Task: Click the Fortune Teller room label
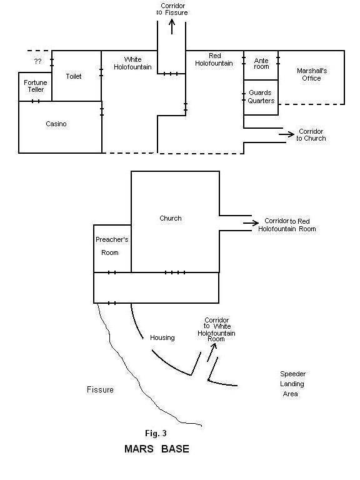point(36,86)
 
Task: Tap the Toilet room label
point(74,76)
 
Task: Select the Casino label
point(56,124)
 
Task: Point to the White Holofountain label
point(132,63)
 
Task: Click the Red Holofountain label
point(214,59)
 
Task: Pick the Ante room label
point(261,63)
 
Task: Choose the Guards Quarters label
point(261,96)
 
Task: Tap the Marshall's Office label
point(312,74)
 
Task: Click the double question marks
point(37,61)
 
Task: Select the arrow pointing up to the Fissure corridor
point(172,26)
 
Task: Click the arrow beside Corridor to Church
point(286,134)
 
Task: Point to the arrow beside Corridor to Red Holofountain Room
point(251,223)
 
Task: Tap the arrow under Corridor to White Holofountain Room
point(212,352)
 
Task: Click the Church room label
point(171,218)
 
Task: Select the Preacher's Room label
point(112,246)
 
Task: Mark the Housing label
point(162,337)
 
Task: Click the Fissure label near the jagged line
point(100,389)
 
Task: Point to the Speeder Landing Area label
point(292,384)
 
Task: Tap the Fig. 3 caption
point(156,433)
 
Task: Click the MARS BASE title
point(157,449)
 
